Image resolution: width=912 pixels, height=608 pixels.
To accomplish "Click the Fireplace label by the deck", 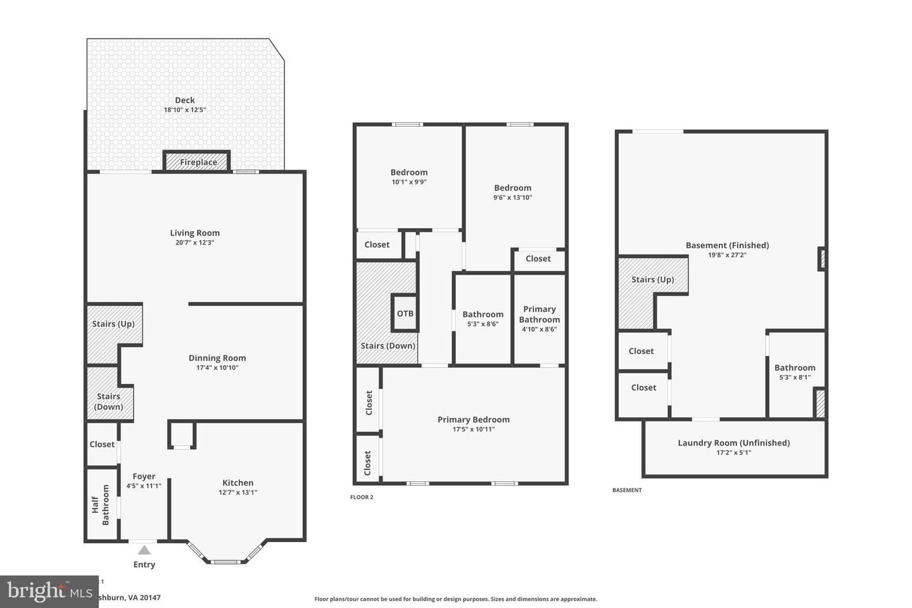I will (198, 162).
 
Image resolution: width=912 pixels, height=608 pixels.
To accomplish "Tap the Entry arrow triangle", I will (144, 550).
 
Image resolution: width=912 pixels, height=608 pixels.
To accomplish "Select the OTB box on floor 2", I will (405, 313).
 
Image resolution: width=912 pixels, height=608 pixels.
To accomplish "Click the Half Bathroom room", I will (101, 504).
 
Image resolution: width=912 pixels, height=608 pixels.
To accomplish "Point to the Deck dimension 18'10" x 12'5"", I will (185, 110).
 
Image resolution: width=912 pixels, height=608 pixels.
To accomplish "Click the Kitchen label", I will (237, 483).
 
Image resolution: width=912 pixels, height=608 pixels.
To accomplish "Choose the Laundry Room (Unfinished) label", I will (733, 443).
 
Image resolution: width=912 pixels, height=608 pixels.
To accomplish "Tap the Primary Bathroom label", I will (539, 314).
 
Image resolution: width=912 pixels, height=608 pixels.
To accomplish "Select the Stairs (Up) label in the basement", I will (652, 279).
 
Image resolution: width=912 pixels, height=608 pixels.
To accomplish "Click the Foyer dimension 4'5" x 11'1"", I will (144, 486).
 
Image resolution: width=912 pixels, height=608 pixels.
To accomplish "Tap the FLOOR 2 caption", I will (362, 497).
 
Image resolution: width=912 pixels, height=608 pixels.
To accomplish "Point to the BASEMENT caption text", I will (626, 490).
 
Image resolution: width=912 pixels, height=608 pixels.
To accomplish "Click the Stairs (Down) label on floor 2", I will (388, 346).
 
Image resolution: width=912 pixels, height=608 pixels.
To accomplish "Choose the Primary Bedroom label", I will (473, 419).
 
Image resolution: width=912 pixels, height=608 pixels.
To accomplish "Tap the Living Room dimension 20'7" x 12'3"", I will (194, 243).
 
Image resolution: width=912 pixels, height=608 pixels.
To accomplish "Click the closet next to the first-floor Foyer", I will (102, 444).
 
